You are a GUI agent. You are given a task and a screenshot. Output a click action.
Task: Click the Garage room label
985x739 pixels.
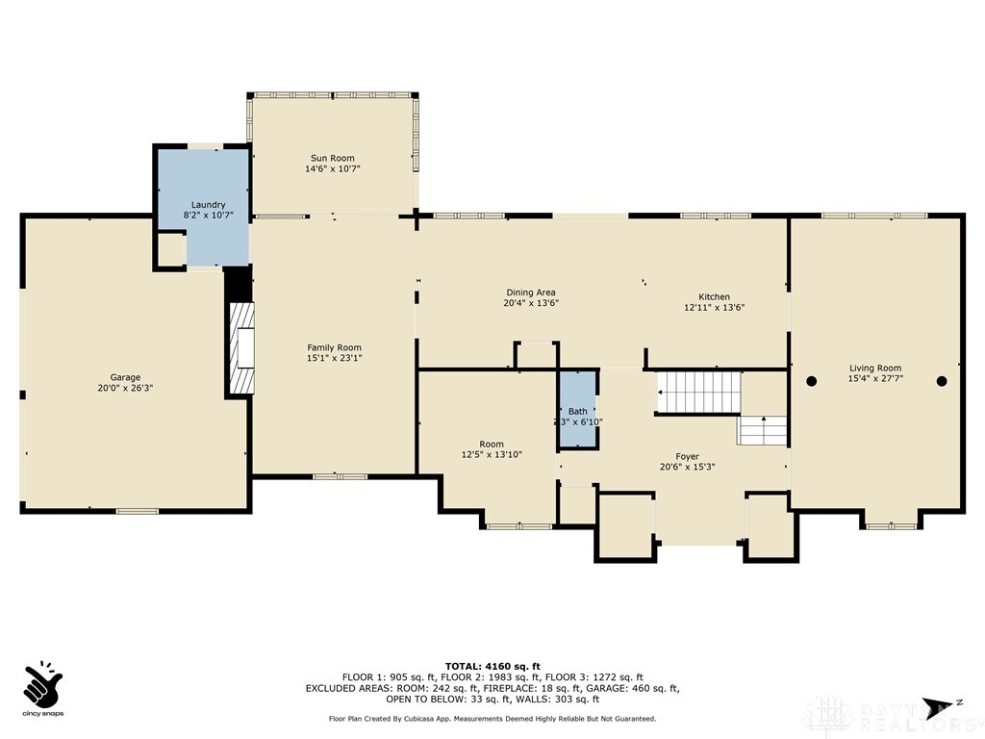[125, 377]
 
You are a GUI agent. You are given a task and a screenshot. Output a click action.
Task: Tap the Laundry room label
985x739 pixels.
[208, 204]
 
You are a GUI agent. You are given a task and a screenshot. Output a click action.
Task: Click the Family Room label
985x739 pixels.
[334, 347]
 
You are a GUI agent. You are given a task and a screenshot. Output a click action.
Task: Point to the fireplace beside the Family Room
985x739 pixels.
[242, 348]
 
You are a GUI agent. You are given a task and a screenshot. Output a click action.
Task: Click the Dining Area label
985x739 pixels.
[531, 293]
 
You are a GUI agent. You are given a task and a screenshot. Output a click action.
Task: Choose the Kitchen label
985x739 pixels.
[714, 296]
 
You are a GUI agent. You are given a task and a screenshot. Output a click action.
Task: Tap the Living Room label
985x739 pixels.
[874, 368]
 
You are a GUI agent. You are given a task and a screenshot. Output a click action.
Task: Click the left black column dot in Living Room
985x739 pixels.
[811, 381]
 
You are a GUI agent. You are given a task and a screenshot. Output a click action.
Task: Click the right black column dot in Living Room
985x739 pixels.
[942, 381]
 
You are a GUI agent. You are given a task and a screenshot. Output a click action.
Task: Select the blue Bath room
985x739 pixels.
[577, 410]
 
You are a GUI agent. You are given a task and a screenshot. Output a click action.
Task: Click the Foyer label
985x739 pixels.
[687, 456]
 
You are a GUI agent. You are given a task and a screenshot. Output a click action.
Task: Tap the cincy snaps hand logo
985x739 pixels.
[42, 683]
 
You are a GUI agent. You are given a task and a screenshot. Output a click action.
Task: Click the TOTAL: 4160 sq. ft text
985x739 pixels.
[492, 666]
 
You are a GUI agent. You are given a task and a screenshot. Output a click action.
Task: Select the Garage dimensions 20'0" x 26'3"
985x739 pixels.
[125, 388]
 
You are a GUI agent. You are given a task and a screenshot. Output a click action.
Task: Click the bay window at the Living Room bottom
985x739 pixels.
[891, 525]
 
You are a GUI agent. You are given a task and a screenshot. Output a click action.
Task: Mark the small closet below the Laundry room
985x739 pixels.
[170, 249]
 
